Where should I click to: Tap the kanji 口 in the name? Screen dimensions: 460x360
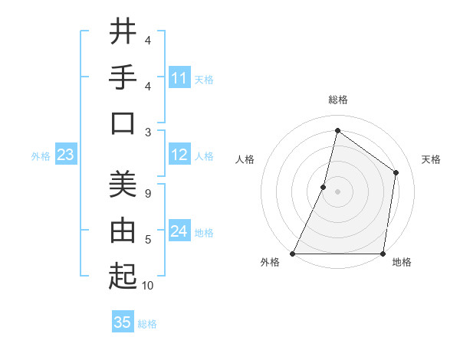(x=123, y=123)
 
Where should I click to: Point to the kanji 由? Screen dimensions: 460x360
(x=123, y=230)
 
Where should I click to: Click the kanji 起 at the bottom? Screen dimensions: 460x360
(x=123, y=276)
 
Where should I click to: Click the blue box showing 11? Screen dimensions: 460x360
(x=179, y=78)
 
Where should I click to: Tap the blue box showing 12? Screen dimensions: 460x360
(x=179, y=155)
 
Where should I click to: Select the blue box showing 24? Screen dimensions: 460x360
(x=179, y=231)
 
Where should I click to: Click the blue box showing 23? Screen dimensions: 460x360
(x=65, y=155)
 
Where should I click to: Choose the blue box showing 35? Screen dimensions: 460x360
(x=123, y=322)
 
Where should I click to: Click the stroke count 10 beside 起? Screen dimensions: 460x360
(x=148, y=286)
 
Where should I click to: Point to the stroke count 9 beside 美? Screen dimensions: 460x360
(x=147, y=194)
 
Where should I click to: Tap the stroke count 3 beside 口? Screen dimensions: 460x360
(x=147, y=132)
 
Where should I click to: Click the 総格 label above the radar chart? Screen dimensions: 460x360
(x=337, y=100)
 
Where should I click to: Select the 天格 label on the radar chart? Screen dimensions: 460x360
(x=431, y=159)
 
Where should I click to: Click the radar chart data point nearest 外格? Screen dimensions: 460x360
(x=293, y=254)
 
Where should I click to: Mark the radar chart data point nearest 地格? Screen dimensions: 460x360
(x=383, y=254)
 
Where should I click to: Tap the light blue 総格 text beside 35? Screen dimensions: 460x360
(x=147, y=324)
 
